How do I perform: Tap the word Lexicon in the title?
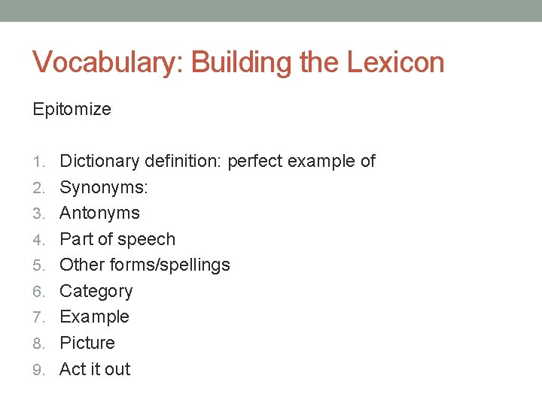(x=396, y=62)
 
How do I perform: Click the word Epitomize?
(x=72, y=110)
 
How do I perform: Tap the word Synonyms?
(x=104, y=187)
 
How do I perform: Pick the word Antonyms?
(x=99, y=213)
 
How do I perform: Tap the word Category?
(x=96, y=291)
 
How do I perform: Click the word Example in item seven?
(x=94, y=317)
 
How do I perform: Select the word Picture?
(x=87, y=343)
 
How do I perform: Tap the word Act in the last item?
(x=72, y=369)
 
